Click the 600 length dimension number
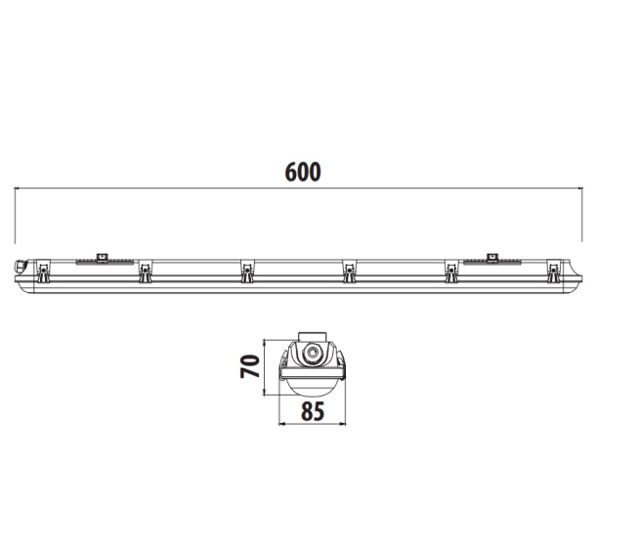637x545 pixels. [x=303, y=172]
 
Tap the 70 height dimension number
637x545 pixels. [x=250, y=366]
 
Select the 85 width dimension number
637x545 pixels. [x=313, y=410]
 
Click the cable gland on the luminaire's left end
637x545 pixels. [x=20, y=268]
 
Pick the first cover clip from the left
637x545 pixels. [x=43, y=272]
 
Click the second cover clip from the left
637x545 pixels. [x=145, y=272]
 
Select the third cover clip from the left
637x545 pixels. [x=246, y=272]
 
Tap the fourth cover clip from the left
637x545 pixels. [x=349, y=272]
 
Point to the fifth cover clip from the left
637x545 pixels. [x=451, y=272]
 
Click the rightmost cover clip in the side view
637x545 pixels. [x=553, y=272]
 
